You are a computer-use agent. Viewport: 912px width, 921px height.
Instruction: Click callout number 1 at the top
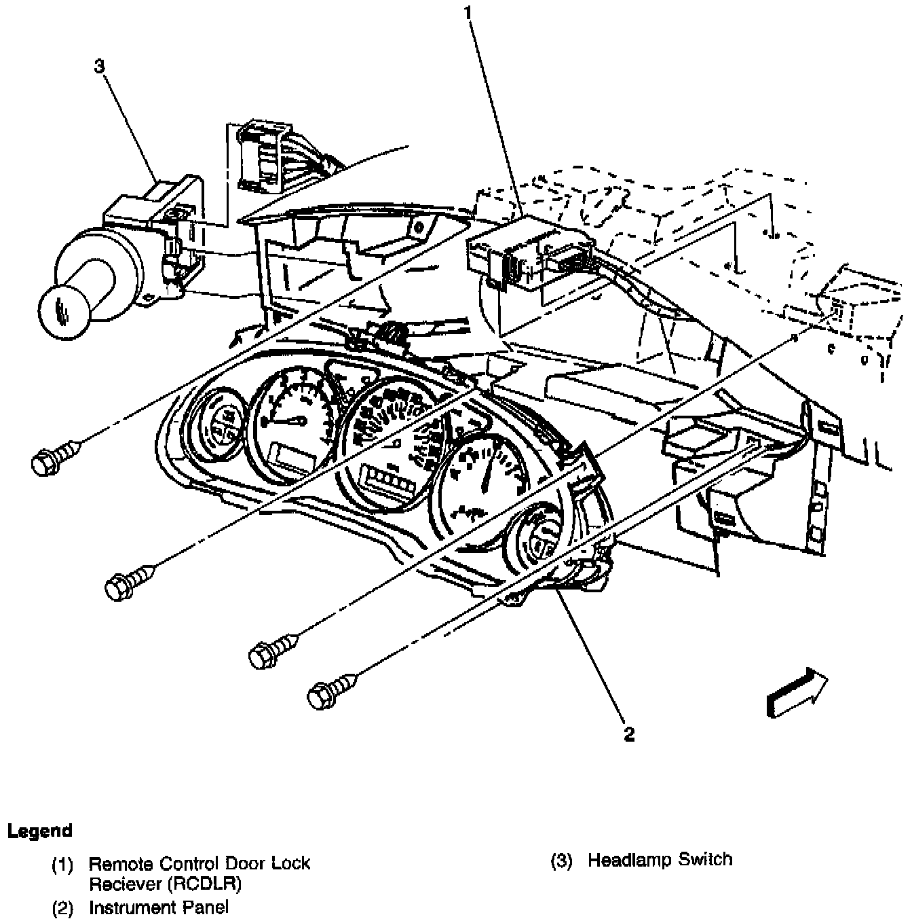pyautogui.click(x=468, y=12)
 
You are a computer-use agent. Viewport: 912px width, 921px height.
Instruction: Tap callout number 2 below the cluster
pyautogui.click(x=629, y=734)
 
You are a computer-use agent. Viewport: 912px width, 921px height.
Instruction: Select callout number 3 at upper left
pyautogui.click(x=100, y=66)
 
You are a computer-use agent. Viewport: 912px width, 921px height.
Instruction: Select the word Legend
pyautogui.click(x=39, y=831)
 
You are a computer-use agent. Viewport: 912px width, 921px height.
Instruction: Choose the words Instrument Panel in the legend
pyautogui.click(x=159, y=907)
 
